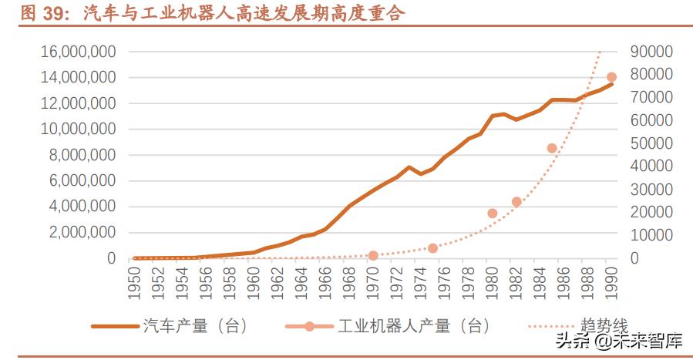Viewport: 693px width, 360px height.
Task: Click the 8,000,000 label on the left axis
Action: pos(81,155)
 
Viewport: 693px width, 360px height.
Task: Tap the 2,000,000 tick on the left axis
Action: pos(81,232)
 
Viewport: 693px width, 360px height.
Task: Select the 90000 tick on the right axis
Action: pos(651,52)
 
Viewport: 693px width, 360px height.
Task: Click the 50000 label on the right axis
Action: pos(651,143)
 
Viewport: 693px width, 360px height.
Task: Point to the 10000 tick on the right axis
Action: pos(651,235)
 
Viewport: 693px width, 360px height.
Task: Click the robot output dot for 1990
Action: pos(611,77)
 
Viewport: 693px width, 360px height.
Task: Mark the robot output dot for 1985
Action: pos(552,148)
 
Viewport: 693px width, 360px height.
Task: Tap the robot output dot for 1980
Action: pos(493,213)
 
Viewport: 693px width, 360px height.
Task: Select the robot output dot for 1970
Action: pos(373,255)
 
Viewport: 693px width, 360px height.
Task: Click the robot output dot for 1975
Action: pos(432,248)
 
